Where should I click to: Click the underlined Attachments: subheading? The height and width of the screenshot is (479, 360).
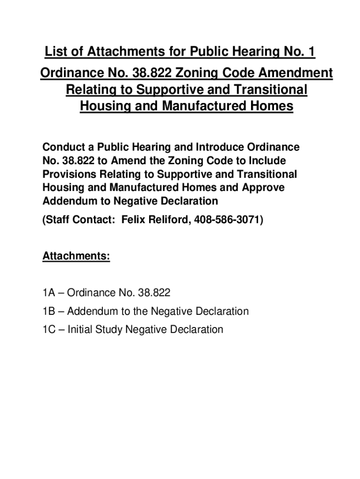76,257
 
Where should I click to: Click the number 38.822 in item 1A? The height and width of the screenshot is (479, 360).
155,293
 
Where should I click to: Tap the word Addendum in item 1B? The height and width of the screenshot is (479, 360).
92,311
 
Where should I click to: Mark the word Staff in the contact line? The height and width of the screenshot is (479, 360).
59,220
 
